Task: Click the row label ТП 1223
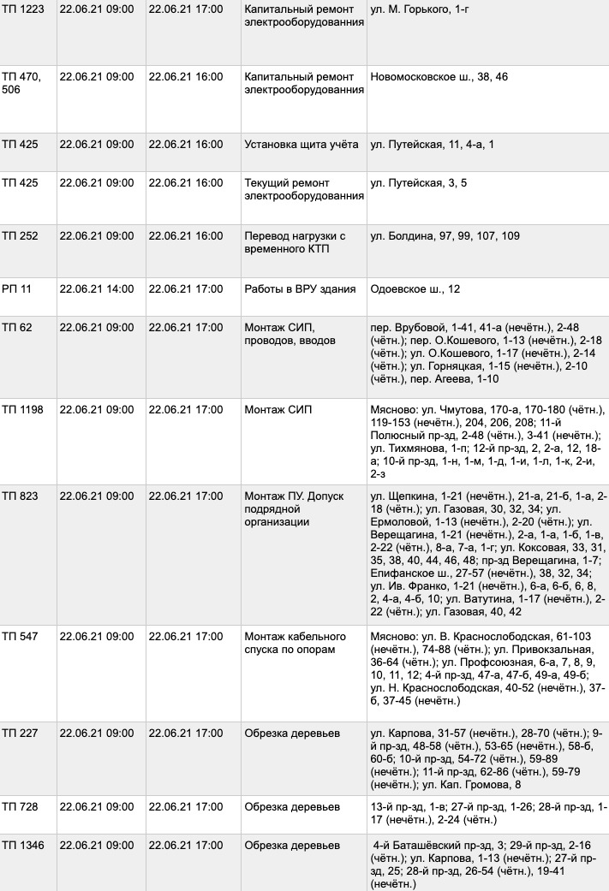(23, 9)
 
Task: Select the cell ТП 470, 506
(22, 83)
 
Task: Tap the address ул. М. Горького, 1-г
(423, 9)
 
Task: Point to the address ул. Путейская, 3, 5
(418, 183)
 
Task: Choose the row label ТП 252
(20, 236)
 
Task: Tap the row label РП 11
(16, 289)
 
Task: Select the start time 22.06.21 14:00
(97, 289)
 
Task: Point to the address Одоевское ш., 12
(415, 289)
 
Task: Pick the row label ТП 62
(16, 328)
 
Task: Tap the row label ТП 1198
(23, 410)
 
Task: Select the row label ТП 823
(20, 496)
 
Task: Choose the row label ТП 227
(20, 734)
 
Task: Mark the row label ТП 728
(20, 806)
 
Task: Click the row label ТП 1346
(23, 846)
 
